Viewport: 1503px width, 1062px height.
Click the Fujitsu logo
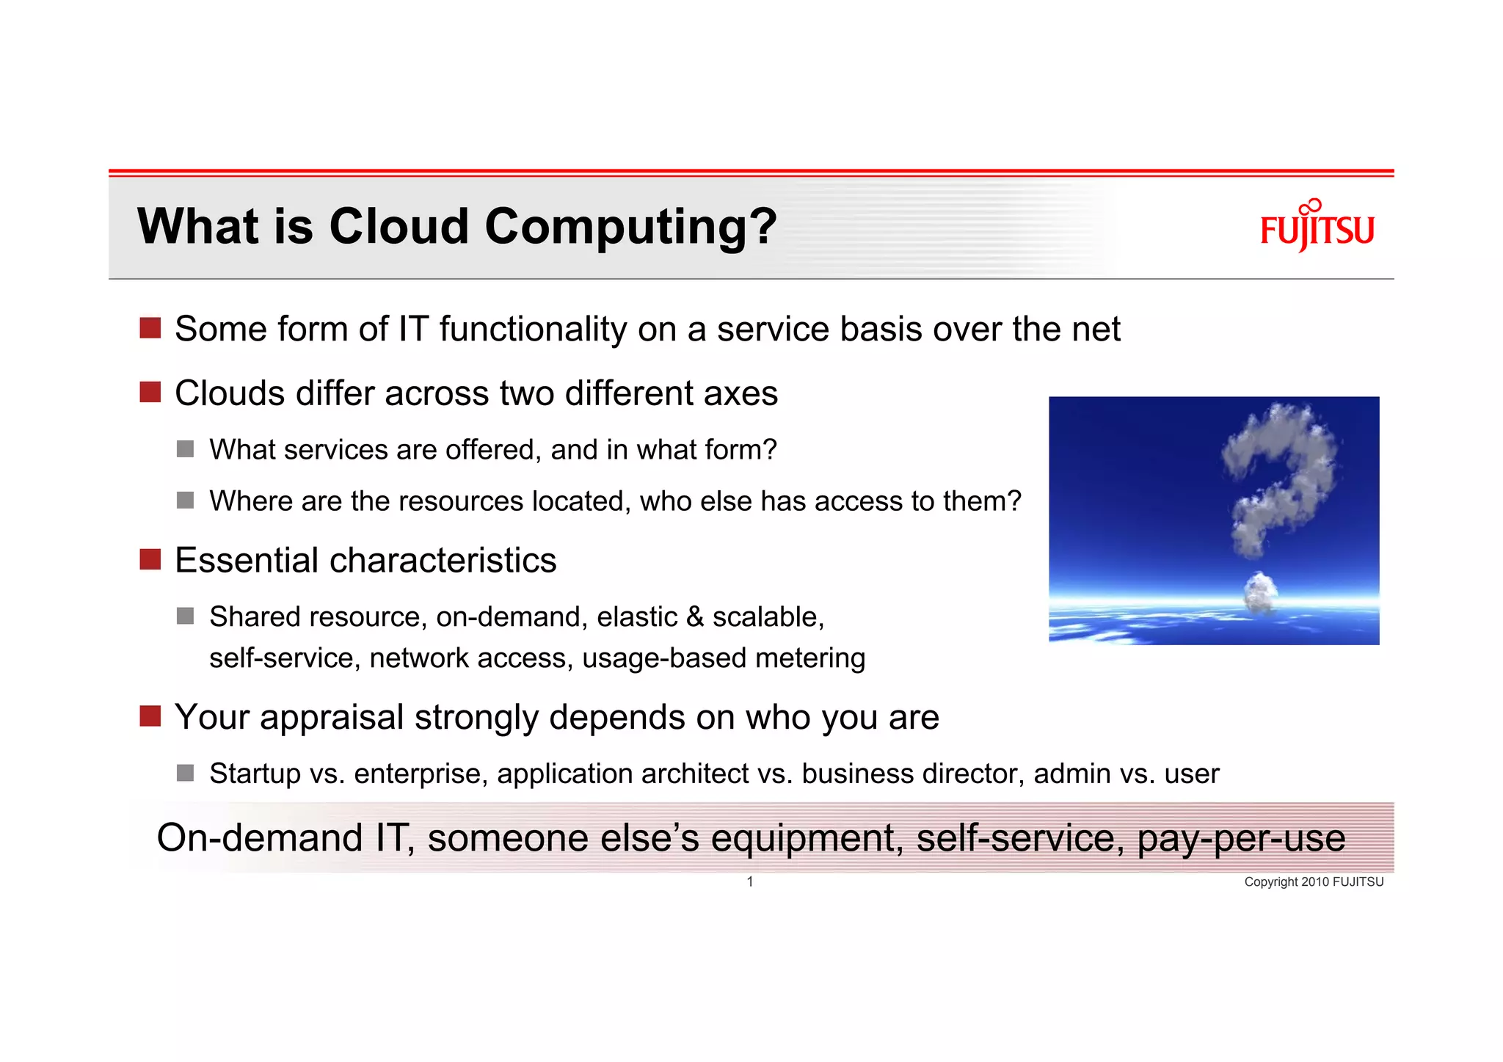[x=1317, y=227]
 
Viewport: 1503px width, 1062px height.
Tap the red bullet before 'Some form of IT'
[x=150, y=328]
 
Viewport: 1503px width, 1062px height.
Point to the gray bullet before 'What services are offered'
[x=185, y=449]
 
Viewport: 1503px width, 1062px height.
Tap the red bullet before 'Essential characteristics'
[x=150, y=559]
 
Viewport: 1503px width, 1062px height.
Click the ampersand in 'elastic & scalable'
[x=695, y=617]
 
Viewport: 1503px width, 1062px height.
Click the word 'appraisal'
[x=332, y=718]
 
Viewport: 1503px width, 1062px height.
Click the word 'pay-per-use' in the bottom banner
[x=1241, y=839]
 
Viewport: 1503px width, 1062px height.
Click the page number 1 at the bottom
[x=750, y=881]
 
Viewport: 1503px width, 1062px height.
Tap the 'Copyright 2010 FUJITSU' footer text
[x=1313, y=881]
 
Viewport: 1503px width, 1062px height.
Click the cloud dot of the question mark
[x=1261, y=592]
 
